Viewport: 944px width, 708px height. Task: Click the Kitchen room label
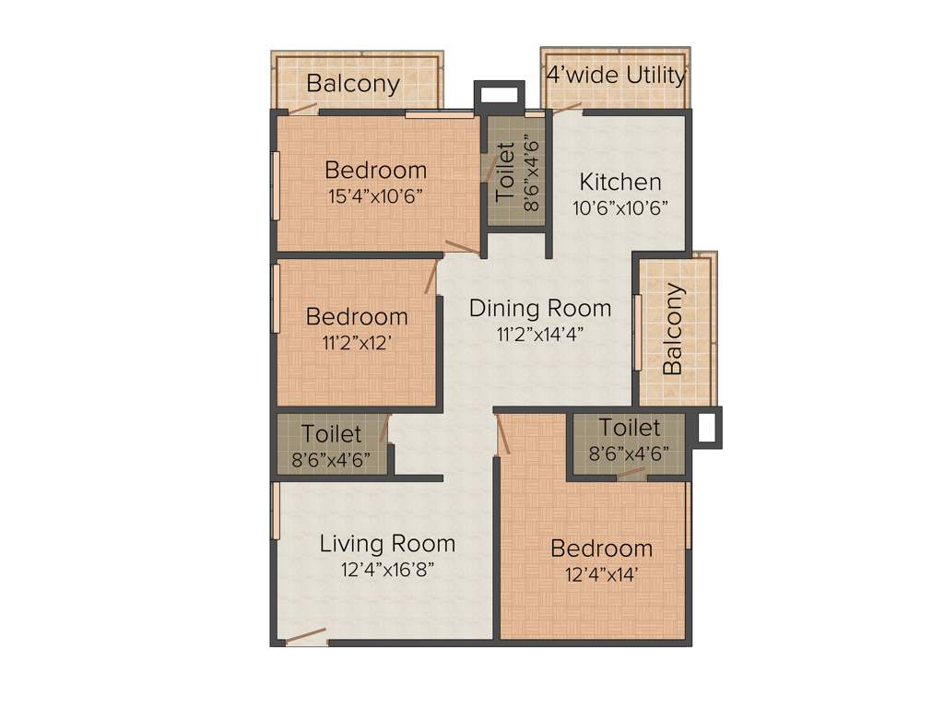pos(619,182)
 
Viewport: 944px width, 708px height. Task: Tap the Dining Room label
pos(540,307)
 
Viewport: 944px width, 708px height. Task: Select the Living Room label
pos(387,543)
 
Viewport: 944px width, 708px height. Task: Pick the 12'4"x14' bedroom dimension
pos(601,574)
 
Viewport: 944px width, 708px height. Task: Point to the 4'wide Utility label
pos(616,75)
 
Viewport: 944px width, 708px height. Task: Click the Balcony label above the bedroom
pos(353,83)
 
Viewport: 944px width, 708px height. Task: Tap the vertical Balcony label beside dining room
pos(673,329)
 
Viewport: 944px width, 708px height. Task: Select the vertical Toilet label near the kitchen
pos(506,171)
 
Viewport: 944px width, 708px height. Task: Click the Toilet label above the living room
pos(332,432)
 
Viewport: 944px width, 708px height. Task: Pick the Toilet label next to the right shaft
pos(630,428)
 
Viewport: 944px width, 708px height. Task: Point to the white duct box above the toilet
pos(499,95)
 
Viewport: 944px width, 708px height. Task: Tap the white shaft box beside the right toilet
pos(707,428)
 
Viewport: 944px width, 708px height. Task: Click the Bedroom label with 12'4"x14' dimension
pos(601,549)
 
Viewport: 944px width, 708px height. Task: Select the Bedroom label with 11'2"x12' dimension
pos(357,316)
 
